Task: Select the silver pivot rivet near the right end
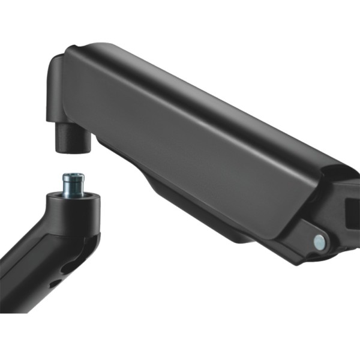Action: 319,242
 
